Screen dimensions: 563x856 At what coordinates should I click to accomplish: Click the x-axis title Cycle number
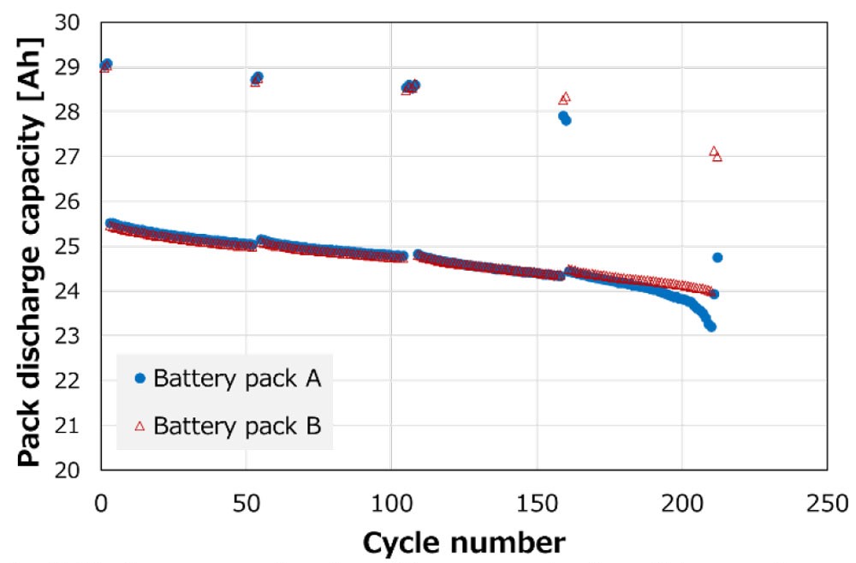pos(463,542)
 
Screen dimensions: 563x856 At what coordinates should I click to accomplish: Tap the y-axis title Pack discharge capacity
pos(29,246)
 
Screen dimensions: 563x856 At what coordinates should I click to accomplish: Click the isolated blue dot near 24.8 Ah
pos(717,257)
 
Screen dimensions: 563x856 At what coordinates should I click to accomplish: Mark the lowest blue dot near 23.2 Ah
pos(710,326)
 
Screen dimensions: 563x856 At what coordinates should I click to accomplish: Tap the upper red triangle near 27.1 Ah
pos(714,152)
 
